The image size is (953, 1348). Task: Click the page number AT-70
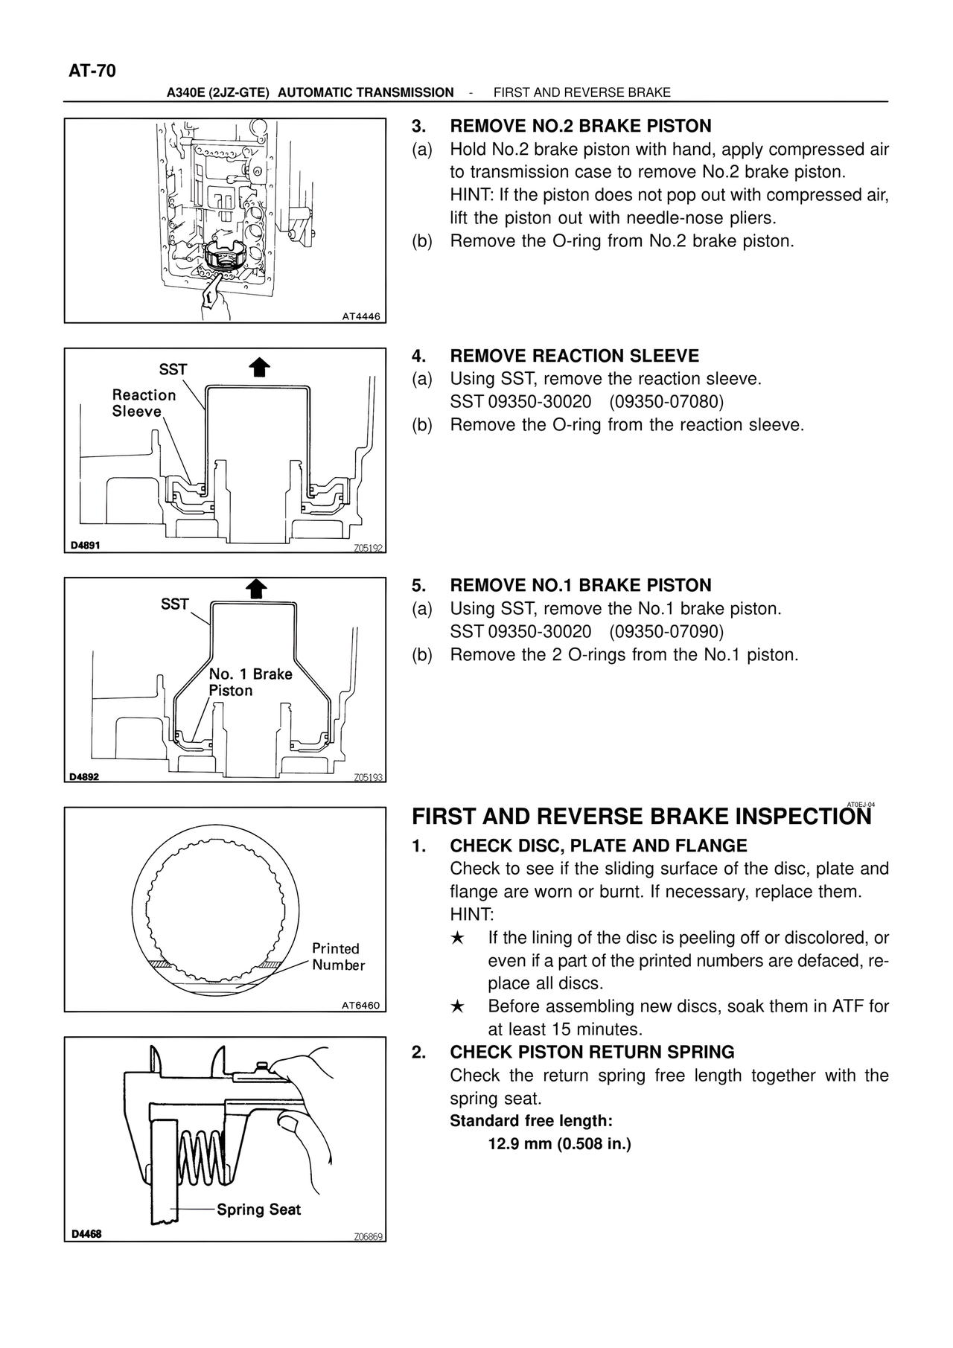tap(92, 71)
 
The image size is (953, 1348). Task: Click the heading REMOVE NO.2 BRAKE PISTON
tap(581, 126)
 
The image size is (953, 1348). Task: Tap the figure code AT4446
tap(360, 316)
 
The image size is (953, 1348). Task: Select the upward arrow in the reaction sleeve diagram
tap(259, 368)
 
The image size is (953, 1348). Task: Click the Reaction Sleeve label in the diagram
tap(144, 403)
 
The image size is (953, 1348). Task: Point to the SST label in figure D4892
tap(175, 604)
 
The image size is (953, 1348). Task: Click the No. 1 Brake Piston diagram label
tap(250, 682)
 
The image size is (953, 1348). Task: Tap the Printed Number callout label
tap(338, 956)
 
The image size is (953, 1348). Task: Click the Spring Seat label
tap(258, 1210)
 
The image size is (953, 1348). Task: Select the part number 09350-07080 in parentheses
tap(666, 402)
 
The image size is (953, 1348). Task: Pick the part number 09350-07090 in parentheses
tap(666, 632)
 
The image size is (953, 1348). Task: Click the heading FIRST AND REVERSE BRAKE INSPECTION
tap(641, 817)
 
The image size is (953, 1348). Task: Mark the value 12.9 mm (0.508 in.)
tap(559, 1143)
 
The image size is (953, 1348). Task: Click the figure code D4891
tap(86, 545)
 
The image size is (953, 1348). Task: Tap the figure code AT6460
tap(360, 1006)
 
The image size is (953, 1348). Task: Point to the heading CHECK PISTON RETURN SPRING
tap(592, 1052)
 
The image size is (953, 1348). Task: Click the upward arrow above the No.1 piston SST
tap(256, 588)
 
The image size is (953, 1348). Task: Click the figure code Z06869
tap(368, 1237)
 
